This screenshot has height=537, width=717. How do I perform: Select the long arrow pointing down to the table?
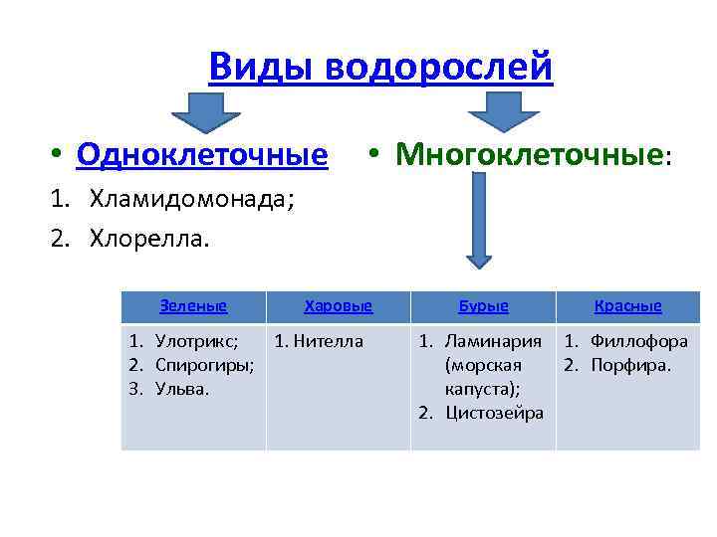point(479,227)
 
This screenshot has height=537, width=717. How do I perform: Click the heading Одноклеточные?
point(201,155)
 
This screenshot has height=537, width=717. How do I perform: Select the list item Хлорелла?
point(150,240)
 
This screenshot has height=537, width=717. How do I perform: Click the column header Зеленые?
point(193,306)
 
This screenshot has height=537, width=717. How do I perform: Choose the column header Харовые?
point(338,306)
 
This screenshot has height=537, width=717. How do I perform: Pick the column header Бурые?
point(483,306)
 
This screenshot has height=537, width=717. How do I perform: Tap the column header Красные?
point(627,306)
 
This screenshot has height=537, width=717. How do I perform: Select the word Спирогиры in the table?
point(204,365)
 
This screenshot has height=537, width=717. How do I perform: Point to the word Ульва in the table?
point(180,389)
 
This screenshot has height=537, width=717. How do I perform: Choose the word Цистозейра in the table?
point(494,413)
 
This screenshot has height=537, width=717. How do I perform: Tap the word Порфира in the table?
point(631,365)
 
